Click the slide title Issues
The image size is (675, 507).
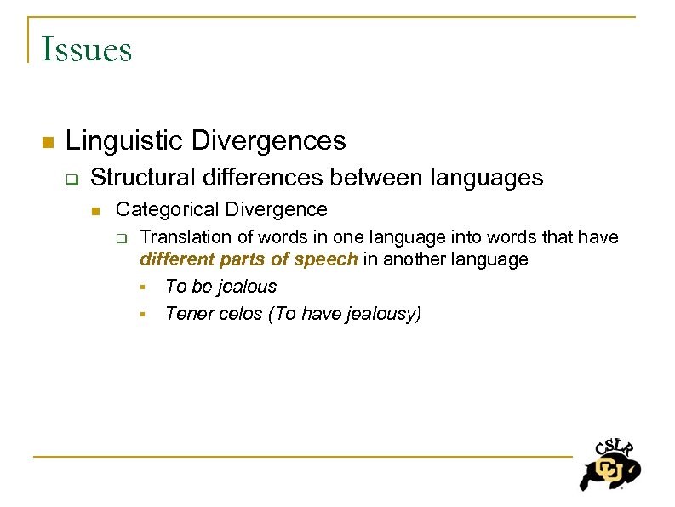86,48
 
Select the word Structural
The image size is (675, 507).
143,178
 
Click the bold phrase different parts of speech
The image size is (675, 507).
249,259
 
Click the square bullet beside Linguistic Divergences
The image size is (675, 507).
48,141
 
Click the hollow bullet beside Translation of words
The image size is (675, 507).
122,238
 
